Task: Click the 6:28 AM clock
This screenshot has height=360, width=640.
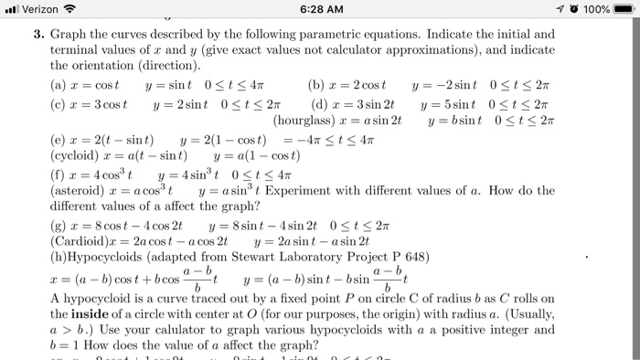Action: [319, 10]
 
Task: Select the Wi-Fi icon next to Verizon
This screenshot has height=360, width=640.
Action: [69, 10]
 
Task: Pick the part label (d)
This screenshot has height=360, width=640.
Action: [318, 102]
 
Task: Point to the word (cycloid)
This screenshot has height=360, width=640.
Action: [78, 155]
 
